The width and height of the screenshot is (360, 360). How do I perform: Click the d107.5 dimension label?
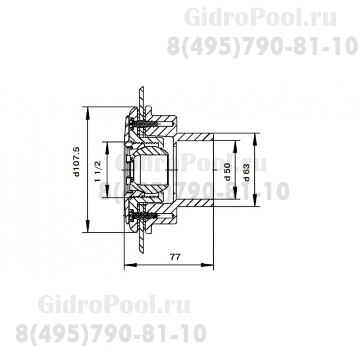(77, 161)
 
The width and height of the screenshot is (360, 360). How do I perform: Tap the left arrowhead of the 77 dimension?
(126, 265)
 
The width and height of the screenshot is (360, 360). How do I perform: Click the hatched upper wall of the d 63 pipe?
(193, 135)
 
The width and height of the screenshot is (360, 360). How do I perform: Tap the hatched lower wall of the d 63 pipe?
(193, 204)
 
